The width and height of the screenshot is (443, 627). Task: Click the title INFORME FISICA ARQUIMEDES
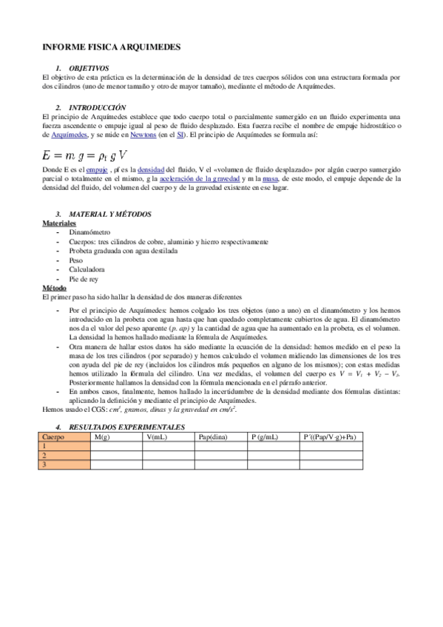point(112,47)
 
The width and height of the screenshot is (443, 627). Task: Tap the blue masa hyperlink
point(271,178)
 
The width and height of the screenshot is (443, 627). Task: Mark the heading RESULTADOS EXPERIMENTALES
point(126,427)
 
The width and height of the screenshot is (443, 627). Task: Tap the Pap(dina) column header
point(214,437)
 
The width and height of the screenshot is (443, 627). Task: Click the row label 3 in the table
point(45,464)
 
